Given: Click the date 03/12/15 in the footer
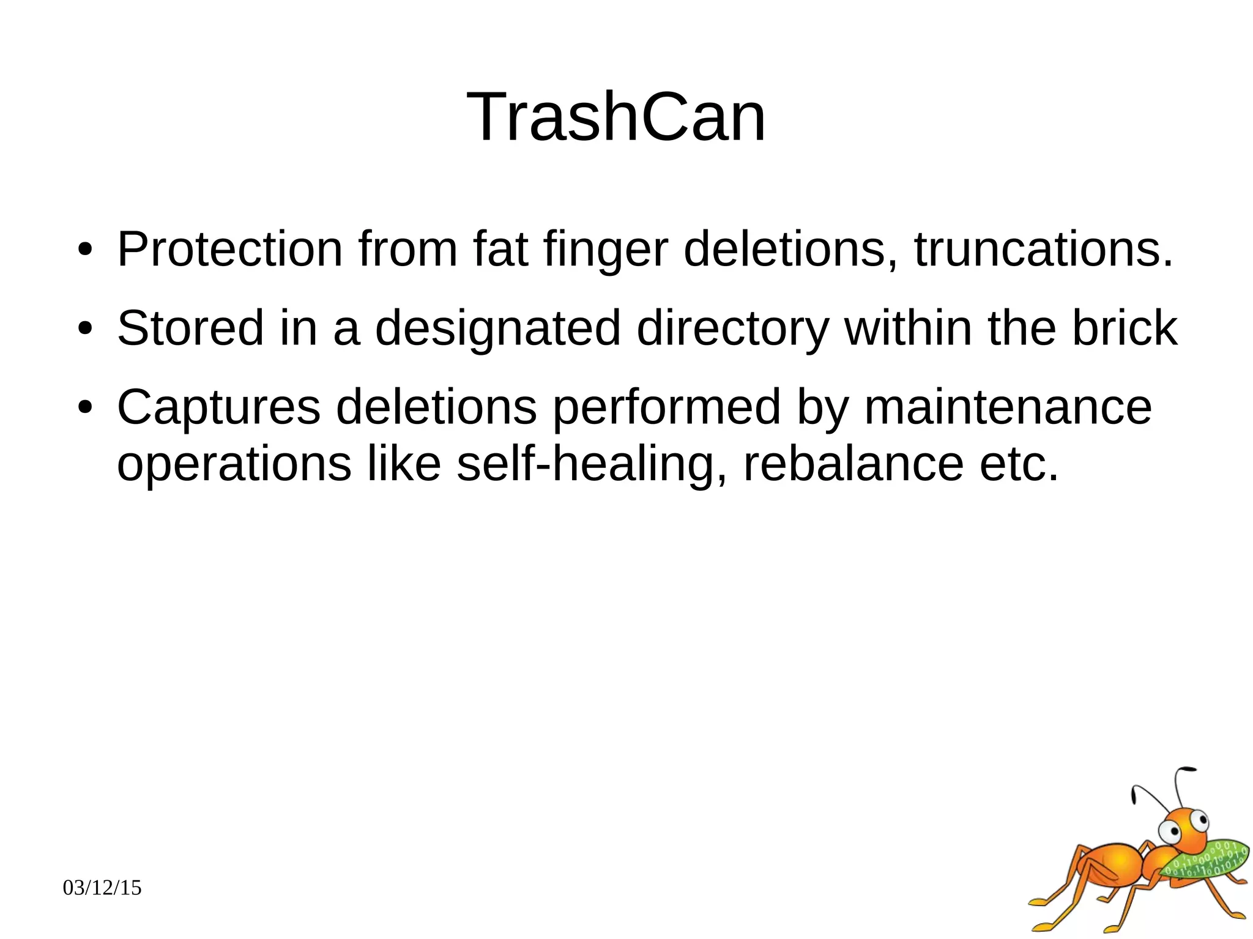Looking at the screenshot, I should coord(102,888).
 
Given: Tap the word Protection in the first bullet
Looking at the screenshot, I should coord(229,250).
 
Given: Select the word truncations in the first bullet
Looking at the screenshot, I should coord(1043,250).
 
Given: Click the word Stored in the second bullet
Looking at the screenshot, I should coord(190,328).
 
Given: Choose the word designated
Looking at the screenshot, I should coord(497,329).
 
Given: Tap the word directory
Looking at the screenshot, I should coord(732,329).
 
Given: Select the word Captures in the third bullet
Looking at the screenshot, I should coord(218,408).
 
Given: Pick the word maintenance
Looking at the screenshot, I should coord(1008,407).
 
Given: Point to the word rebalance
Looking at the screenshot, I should coord(853,464).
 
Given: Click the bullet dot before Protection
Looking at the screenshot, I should coord(85,250).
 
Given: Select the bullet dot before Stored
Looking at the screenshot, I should coord(85,329).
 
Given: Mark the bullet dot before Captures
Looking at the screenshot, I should coord(85,407).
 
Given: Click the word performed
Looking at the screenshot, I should coord(667,408).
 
